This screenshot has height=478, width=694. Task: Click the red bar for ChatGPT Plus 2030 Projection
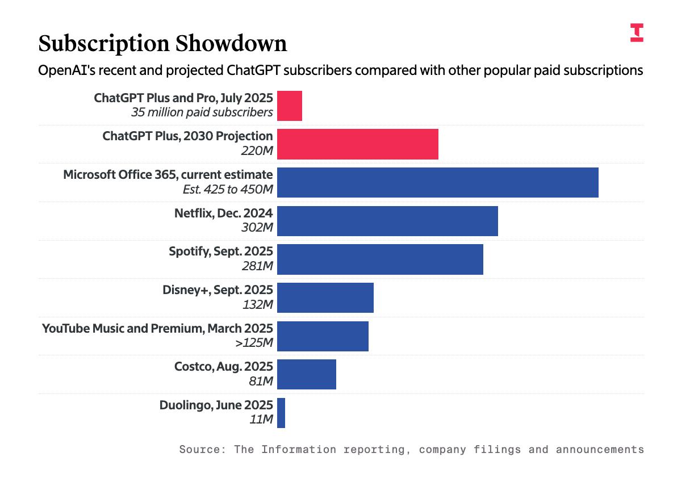(x=358, y=144)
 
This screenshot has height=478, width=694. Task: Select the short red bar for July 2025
(x=290, y=106)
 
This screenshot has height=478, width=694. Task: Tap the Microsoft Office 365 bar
(x=438, y=182)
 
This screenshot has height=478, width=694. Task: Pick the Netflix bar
(x=387, y=221)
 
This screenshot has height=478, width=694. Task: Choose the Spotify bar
(x=380, y=259)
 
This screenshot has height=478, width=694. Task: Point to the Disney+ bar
(x=325, y=297)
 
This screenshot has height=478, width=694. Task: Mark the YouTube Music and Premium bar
(x=323, y=336)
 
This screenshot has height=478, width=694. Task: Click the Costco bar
(x=307, y=374)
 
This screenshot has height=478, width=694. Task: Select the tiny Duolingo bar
(x=281, y=413)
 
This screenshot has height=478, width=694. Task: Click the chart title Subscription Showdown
(x=162, y=44)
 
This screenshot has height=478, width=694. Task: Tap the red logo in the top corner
(x=637, y=32)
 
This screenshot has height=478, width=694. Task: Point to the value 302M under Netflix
(x=257, y=228)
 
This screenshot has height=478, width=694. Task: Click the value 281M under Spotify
(x=257, y=266)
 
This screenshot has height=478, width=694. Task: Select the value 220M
(x=257, y=151)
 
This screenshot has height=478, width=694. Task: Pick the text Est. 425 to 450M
(x=228, y=189)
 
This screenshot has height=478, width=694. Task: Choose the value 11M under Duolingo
(x=261, y=420)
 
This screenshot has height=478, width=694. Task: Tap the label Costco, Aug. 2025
(x=224, y=367)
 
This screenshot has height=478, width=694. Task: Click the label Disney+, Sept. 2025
(x=218, y=290)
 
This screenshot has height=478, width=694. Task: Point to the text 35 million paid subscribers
(x=202, y=112)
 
